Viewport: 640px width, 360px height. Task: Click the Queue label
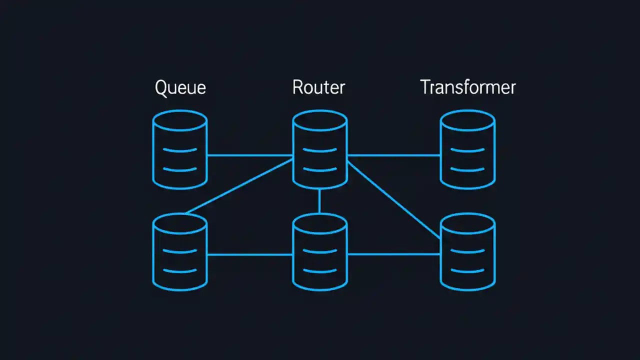[x=180, y=87]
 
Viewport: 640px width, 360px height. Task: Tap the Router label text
[x=318, y=87]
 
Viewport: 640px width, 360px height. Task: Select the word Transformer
[x=467, y=87]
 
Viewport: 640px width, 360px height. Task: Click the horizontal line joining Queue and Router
[x=250, y=155]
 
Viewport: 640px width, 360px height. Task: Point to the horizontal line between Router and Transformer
[x=394, y=155]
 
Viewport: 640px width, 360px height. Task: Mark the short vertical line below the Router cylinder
[x=319, y=201]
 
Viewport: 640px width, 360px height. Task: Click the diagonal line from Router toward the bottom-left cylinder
[x=239, y=186]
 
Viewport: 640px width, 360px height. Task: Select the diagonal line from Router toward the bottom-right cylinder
[x=394, y=199]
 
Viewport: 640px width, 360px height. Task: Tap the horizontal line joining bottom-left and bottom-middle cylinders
[x=250, y=254]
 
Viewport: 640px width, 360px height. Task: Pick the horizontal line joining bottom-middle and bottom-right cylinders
[x=394, y=254]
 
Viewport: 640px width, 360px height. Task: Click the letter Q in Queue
[x=161, y=87]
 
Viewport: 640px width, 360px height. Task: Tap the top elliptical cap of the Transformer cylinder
[x=467, y=120]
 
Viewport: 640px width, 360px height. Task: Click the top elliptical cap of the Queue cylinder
[x=180, y=120]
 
